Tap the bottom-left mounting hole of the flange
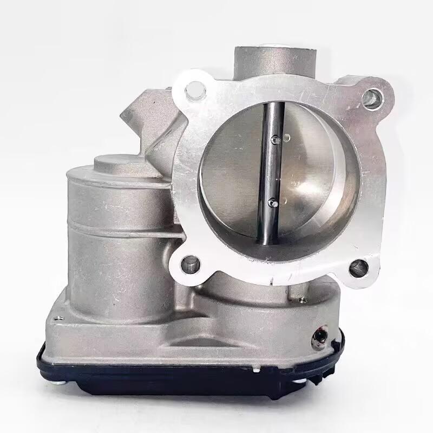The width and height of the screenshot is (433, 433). pos(191,264)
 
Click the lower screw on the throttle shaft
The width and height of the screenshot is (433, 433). pos(272,203)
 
